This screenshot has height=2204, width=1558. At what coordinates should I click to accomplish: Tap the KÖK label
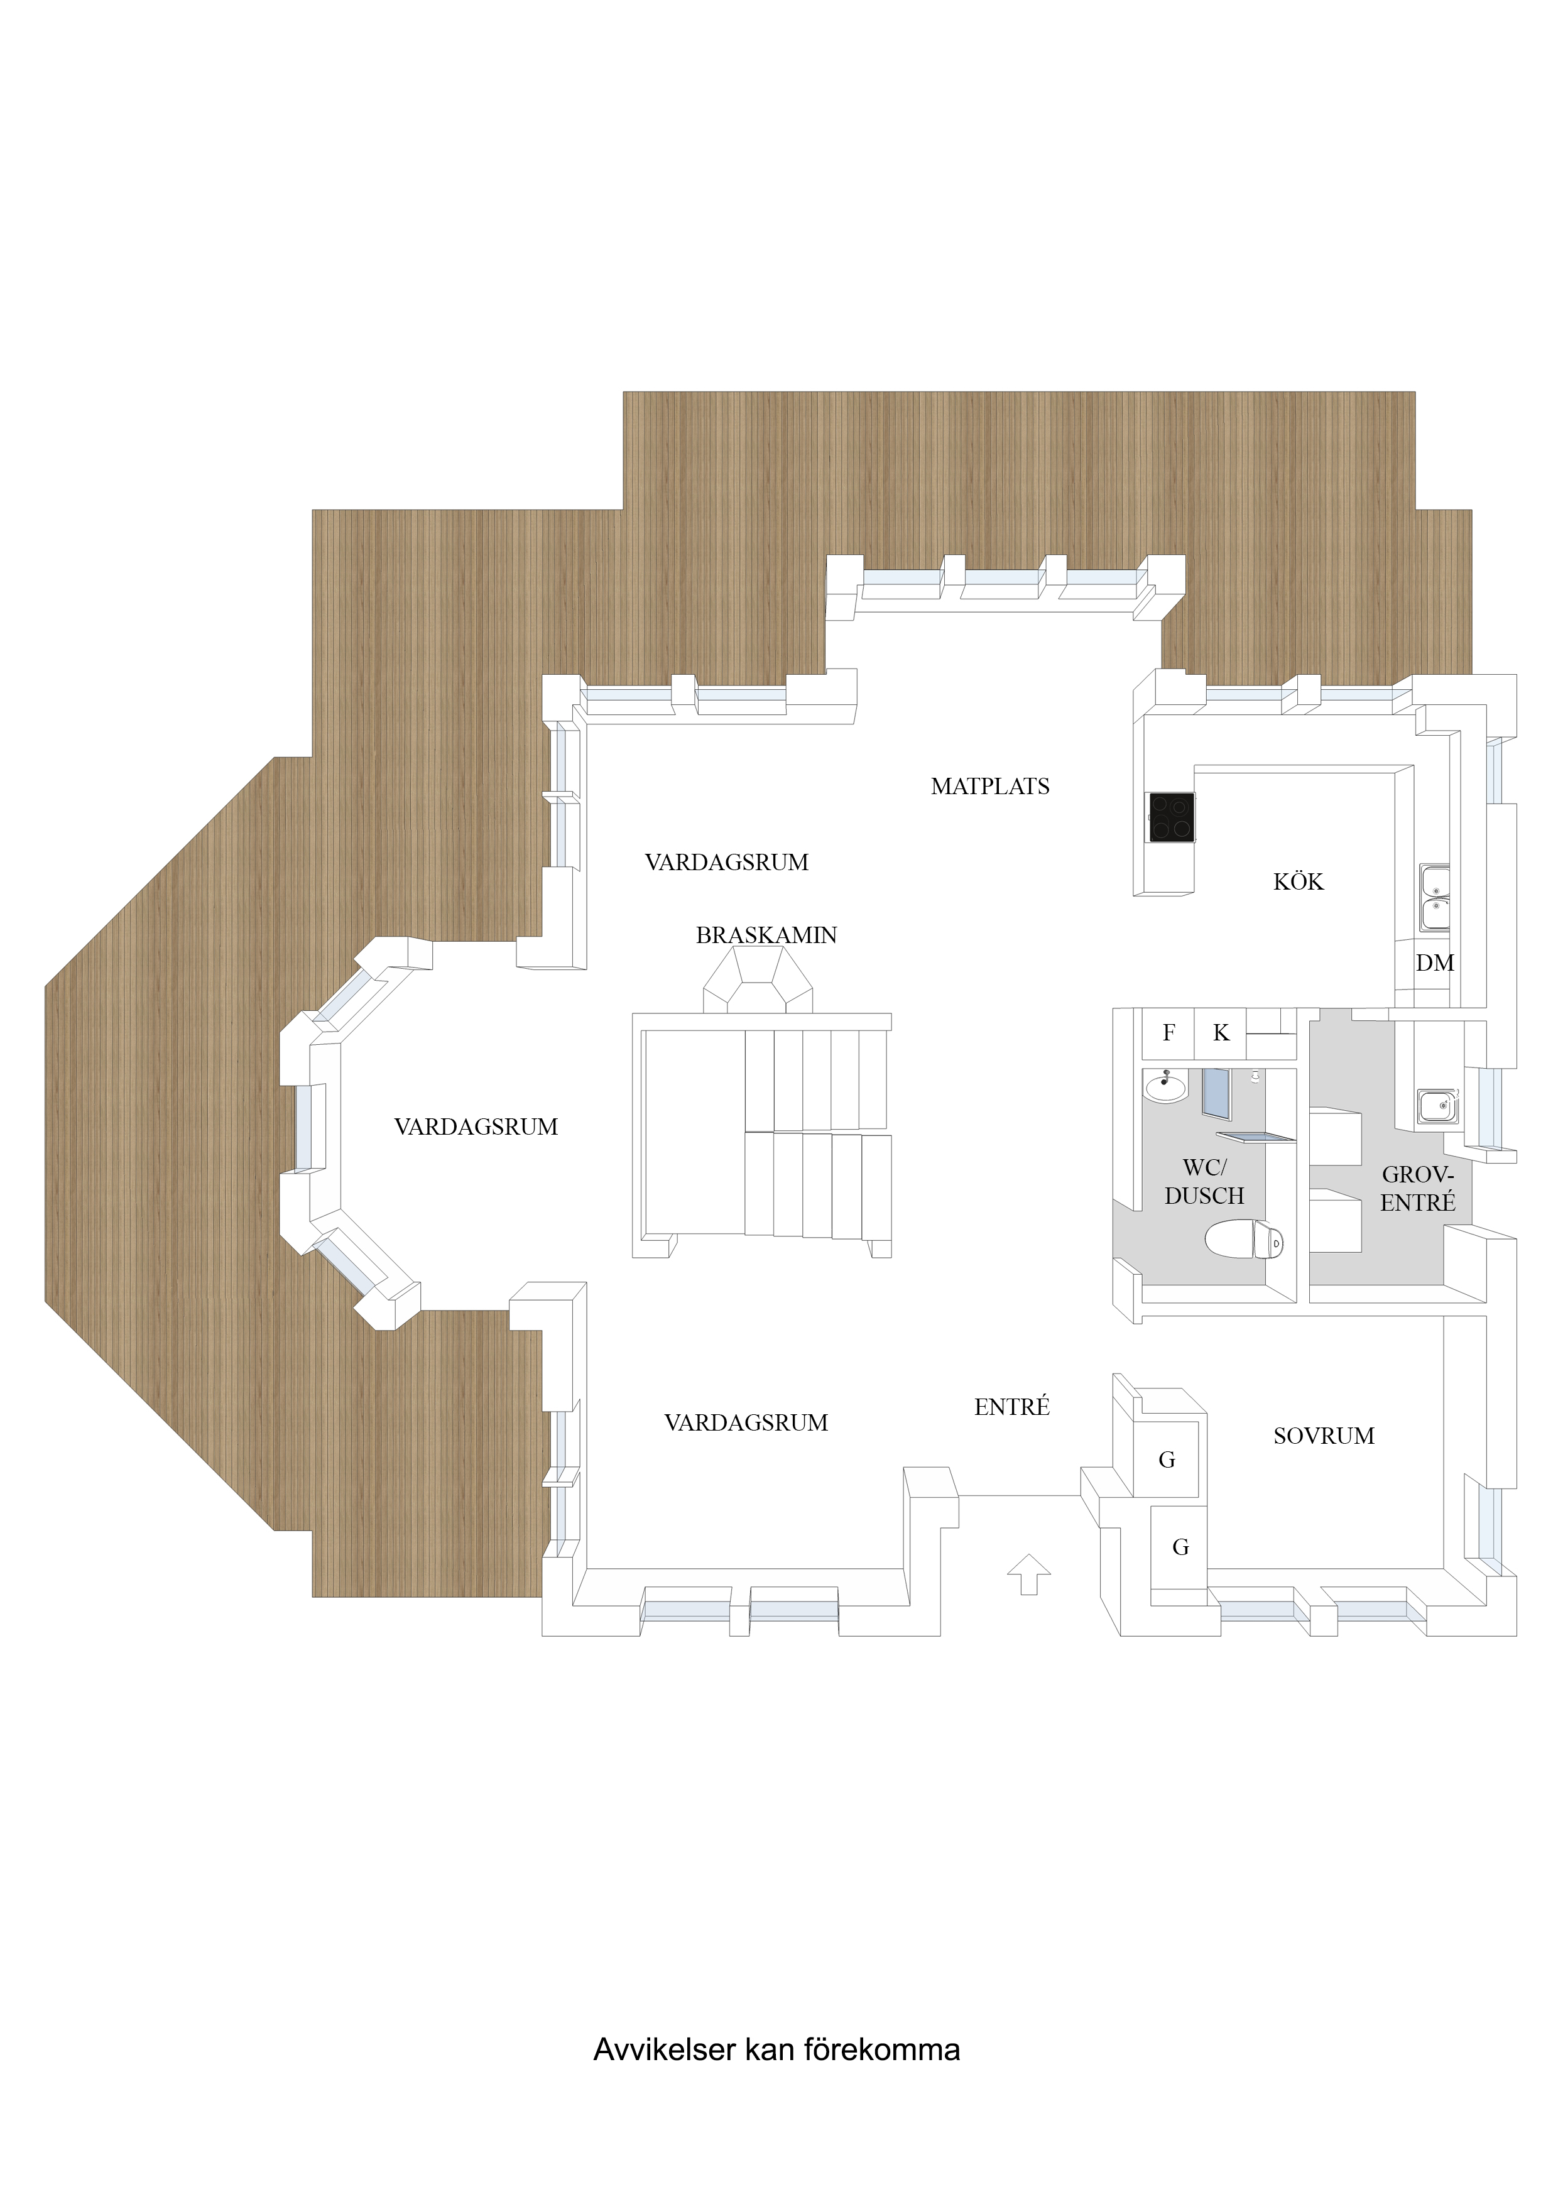click(1298, 881)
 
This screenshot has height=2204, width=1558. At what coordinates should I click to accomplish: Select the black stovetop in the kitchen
click(1172, 817)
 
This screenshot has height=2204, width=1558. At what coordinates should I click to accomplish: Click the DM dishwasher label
click(1434, 963)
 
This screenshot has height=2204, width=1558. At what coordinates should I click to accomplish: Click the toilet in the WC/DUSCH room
click(1244, 1238)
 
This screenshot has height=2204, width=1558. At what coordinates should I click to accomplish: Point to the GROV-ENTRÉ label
click(1418, 1189)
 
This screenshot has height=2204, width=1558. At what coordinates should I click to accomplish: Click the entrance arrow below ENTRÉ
click(1029, 1574)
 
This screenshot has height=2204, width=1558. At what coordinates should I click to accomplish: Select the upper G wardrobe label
click(1167, 1460)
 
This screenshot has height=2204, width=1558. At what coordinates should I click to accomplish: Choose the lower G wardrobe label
click(1180, 1547)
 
